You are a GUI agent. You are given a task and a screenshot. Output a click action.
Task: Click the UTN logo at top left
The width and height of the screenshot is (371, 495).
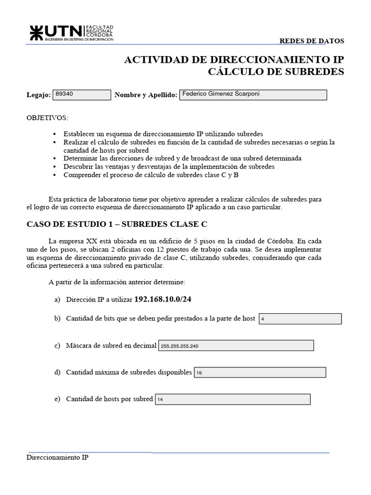71,32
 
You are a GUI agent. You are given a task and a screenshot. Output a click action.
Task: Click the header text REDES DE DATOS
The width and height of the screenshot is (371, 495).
312,41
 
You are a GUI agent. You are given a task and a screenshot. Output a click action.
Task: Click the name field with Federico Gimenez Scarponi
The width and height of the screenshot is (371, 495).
253,95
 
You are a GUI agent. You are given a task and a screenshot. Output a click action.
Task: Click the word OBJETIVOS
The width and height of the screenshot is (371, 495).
47,118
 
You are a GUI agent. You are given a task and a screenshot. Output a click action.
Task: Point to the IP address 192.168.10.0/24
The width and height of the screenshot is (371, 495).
163,300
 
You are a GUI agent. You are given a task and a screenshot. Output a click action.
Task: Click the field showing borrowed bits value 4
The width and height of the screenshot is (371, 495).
300,319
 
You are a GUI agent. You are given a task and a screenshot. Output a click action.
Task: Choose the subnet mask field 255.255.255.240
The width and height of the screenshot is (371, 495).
236,346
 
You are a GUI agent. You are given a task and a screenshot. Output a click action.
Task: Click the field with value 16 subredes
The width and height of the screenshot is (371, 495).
259,373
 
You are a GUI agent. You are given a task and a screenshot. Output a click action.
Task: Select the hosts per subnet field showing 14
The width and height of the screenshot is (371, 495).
232,399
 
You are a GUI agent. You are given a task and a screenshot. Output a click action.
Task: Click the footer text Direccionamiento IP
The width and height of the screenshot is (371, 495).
57,457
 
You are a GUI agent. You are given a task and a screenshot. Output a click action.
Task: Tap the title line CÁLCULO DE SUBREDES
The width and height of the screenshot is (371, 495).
276,72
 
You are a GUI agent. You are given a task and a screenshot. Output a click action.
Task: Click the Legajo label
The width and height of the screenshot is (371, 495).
38,96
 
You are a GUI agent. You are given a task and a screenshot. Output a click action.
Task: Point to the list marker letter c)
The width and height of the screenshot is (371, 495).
57,346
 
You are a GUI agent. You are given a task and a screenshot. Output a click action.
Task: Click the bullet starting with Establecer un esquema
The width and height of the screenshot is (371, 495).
163,133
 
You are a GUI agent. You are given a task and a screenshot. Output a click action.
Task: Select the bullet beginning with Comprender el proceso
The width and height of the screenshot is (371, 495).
151,175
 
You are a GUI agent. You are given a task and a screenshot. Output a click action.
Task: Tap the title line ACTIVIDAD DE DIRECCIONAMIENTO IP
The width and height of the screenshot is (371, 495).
234,59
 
